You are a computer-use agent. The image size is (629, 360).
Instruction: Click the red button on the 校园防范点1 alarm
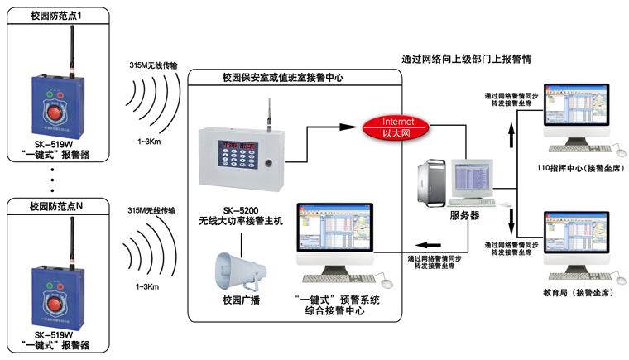[56, 111]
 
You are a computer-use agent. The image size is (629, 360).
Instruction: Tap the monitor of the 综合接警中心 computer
[336, 235]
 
